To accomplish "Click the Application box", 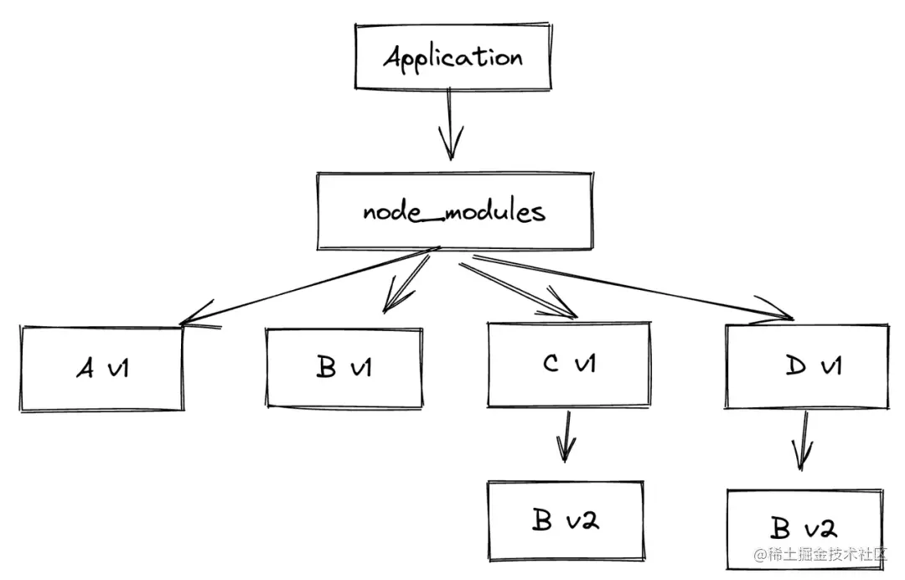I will (x=452, y=56).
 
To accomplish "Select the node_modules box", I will (x=455, y=210).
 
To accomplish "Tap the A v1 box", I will (x=102, y=368).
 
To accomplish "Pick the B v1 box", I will (x=344, y=368).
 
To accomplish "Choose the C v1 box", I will (x=568, y=365).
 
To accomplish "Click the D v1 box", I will (x=806, y=365).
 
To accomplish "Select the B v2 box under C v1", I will (x=566, y=520).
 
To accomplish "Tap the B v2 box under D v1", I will (x=804, y=528).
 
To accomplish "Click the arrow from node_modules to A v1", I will (x=310, y=285).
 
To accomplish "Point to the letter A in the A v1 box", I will (x=85, y=368).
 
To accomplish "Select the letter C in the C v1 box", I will (x=551, y=365).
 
